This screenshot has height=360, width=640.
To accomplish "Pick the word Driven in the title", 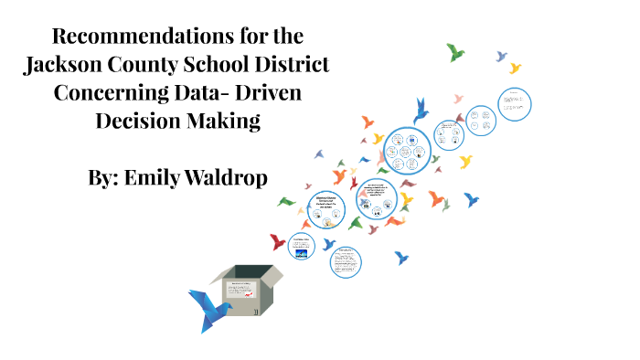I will [x=269, y=93].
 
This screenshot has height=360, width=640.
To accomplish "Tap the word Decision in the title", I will [x=137, y=121].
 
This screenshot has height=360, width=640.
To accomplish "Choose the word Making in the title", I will [x=225, y=121].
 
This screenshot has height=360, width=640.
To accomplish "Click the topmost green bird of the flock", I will [x=455, y=52].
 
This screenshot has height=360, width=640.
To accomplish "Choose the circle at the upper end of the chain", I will [x=515, y=101].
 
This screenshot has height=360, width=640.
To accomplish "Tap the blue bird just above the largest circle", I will [x=421, y=111].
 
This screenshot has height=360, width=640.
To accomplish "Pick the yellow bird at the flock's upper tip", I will [x=515, y=68].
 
